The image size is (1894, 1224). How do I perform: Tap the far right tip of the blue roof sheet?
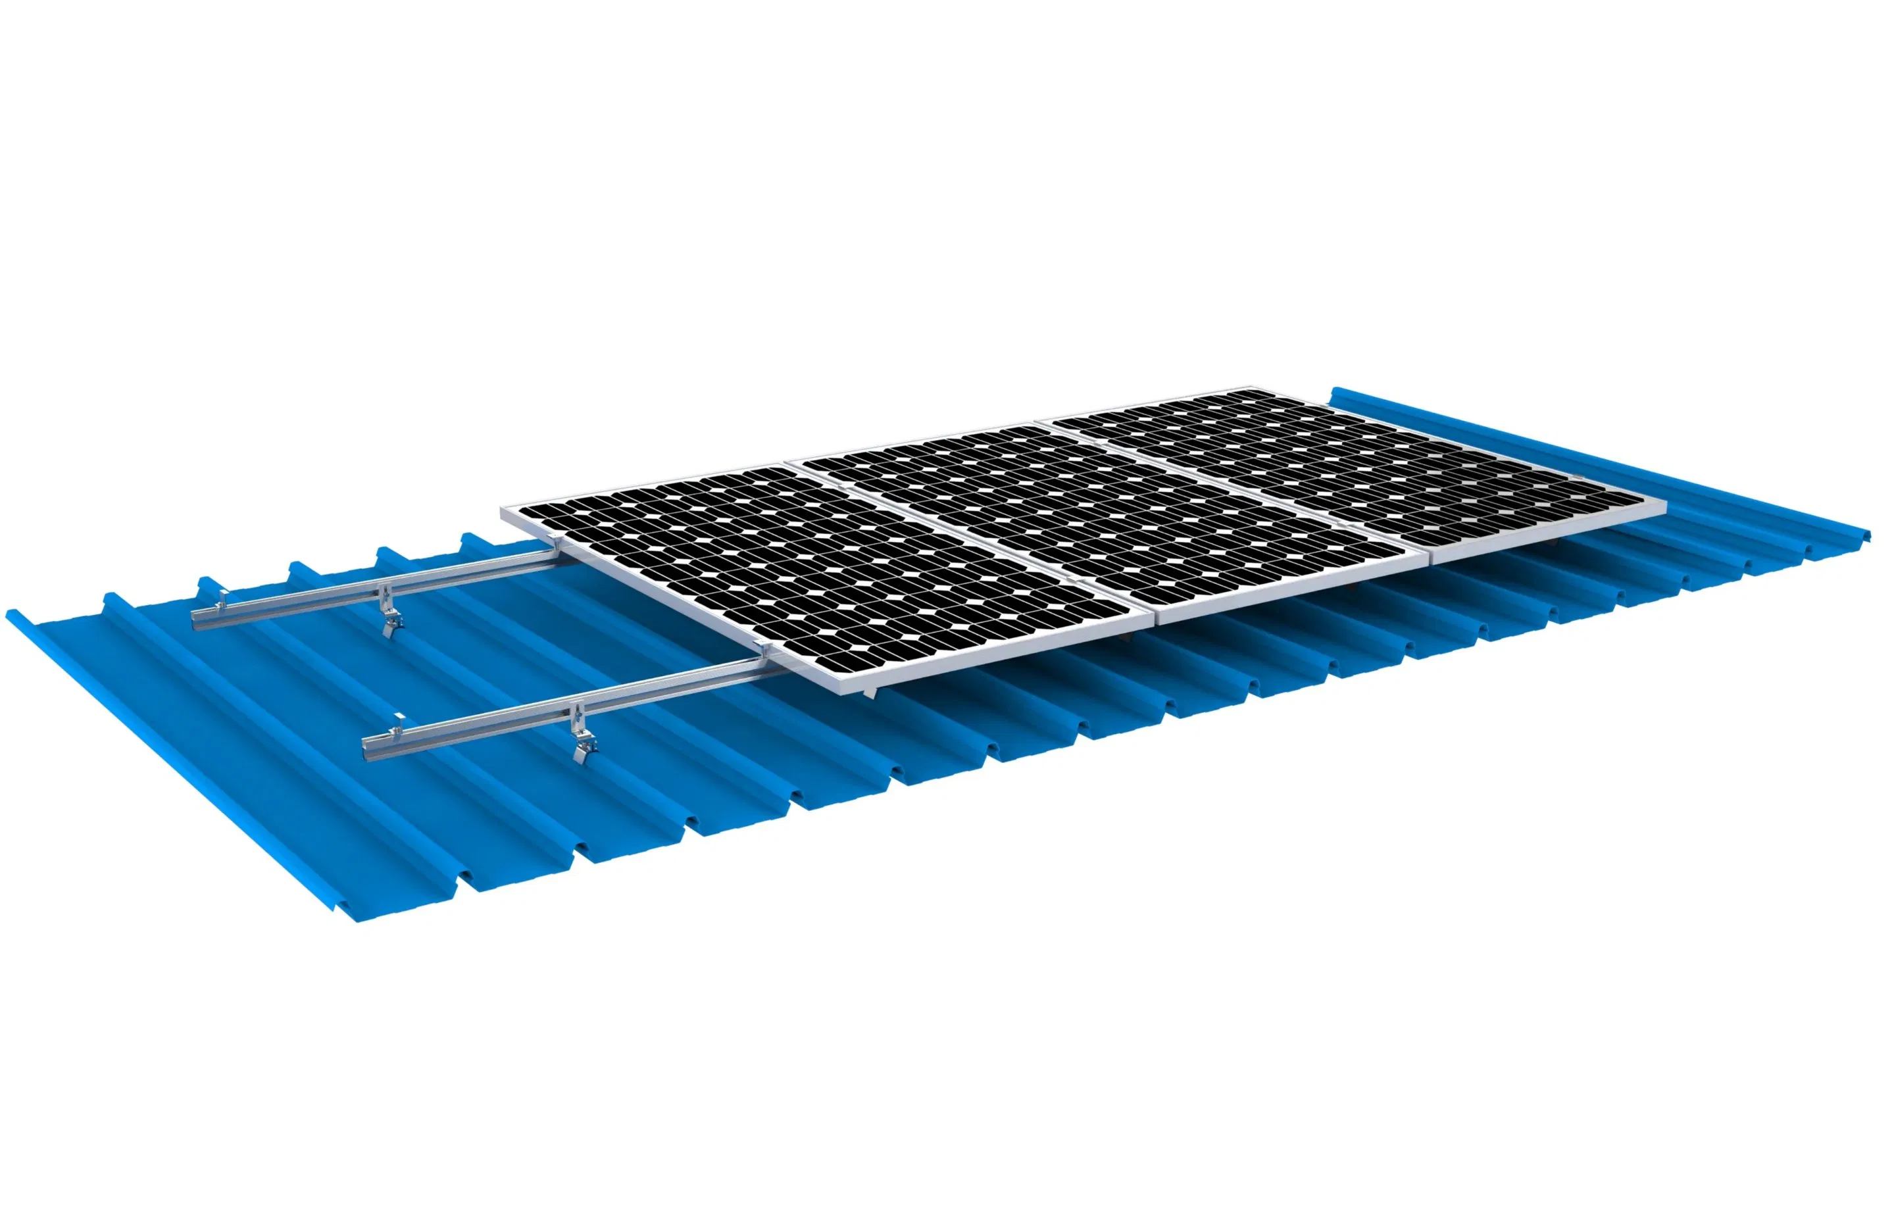coord(1870,537)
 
